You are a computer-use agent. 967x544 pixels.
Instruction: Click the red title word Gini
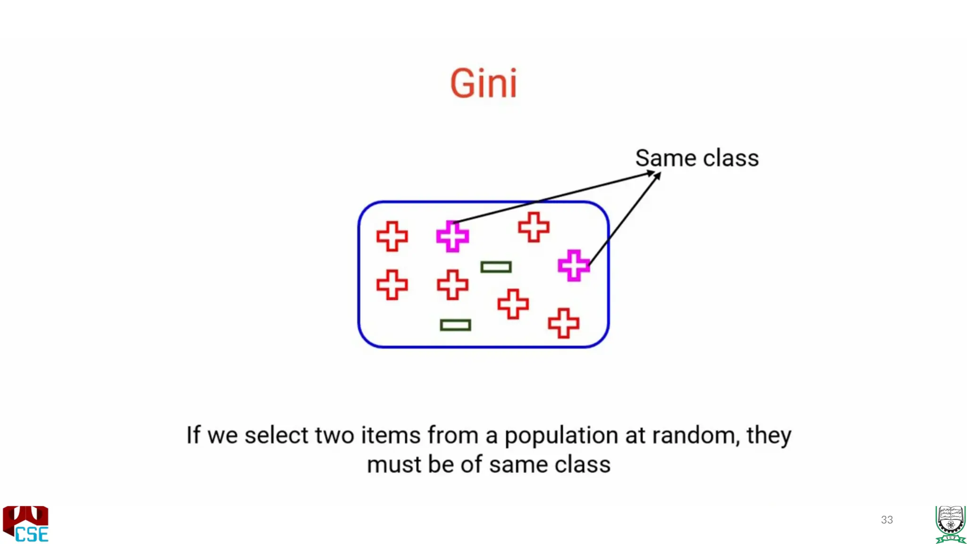pos(483,84)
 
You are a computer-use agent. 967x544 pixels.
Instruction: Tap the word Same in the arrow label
pos(665,158)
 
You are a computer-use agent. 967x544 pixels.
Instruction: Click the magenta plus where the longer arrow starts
pos(452,236)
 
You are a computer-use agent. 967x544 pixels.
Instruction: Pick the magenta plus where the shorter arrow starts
pos(574,265)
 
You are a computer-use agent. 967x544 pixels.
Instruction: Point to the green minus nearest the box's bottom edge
pos(455,325)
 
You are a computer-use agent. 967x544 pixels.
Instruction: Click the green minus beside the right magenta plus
pos(496,267)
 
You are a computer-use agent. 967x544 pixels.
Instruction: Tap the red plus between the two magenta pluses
pos(534,227)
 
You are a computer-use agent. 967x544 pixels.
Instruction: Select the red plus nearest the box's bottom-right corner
pos(563,323)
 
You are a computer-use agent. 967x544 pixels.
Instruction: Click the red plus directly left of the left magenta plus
pos(392,236)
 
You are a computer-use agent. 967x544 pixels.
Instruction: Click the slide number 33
pos(887,520)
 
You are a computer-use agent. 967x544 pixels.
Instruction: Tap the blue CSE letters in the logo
pos(32,534)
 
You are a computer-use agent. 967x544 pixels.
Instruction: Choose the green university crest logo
pos(950,524)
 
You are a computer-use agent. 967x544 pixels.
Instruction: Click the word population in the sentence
pos(561,436)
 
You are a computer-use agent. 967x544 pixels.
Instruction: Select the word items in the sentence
pos(390,435)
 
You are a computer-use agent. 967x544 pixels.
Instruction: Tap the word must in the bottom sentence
pos(394,465)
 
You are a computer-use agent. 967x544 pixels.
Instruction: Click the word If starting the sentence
pos(193,435)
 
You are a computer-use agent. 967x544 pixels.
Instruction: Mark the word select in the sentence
pos(276,435)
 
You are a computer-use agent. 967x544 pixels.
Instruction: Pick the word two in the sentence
pos(334,435)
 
